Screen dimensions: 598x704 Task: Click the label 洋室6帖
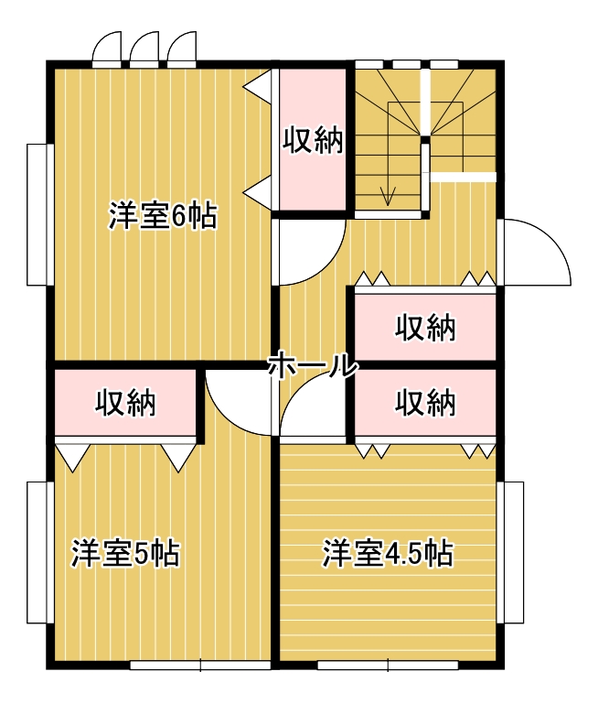coord(163,216)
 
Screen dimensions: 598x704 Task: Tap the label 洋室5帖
coord(125,554)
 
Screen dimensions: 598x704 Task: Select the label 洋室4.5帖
coord(389,554)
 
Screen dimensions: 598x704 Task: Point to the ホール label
coord(313,365)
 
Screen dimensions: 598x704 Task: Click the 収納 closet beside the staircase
coord(313,139)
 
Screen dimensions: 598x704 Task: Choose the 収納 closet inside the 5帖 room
coord(125,402)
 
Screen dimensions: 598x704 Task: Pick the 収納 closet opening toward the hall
coord(425,327)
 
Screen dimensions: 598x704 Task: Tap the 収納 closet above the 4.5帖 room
coord(425,402)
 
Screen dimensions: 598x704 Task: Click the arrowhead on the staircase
coord(388,197)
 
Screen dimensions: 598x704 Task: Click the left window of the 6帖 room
coord(40,214)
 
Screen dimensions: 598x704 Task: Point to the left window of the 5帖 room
coord(40,553)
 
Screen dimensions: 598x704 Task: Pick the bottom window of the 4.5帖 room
coord(388,665)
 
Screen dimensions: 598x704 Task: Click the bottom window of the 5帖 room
coord(200,665)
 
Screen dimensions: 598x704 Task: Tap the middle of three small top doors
coord(144,49)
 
